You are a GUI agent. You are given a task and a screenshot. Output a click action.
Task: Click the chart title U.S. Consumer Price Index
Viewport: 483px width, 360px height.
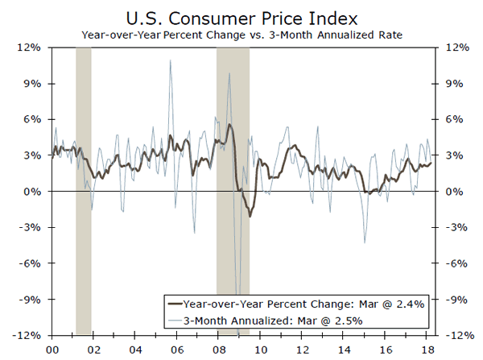point(242,17)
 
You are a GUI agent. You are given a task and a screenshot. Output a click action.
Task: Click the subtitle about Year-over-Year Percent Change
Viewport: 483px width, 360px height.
point(242,35)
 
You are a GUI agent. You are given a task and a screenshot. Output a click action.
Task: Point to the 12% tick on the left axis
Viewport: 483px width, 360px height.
point(31,48)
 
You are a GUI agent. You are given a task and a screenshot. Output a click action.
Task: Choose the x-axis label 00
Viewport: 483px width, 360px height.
point(53,350)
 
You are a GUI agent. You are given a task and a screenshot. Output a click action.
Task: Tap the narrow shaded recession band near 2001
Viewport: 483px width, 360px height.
point(83,192)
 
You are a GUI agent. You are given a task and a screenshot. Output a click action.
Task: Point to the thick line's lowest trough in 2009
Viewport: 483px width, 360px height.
point(250,217)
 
